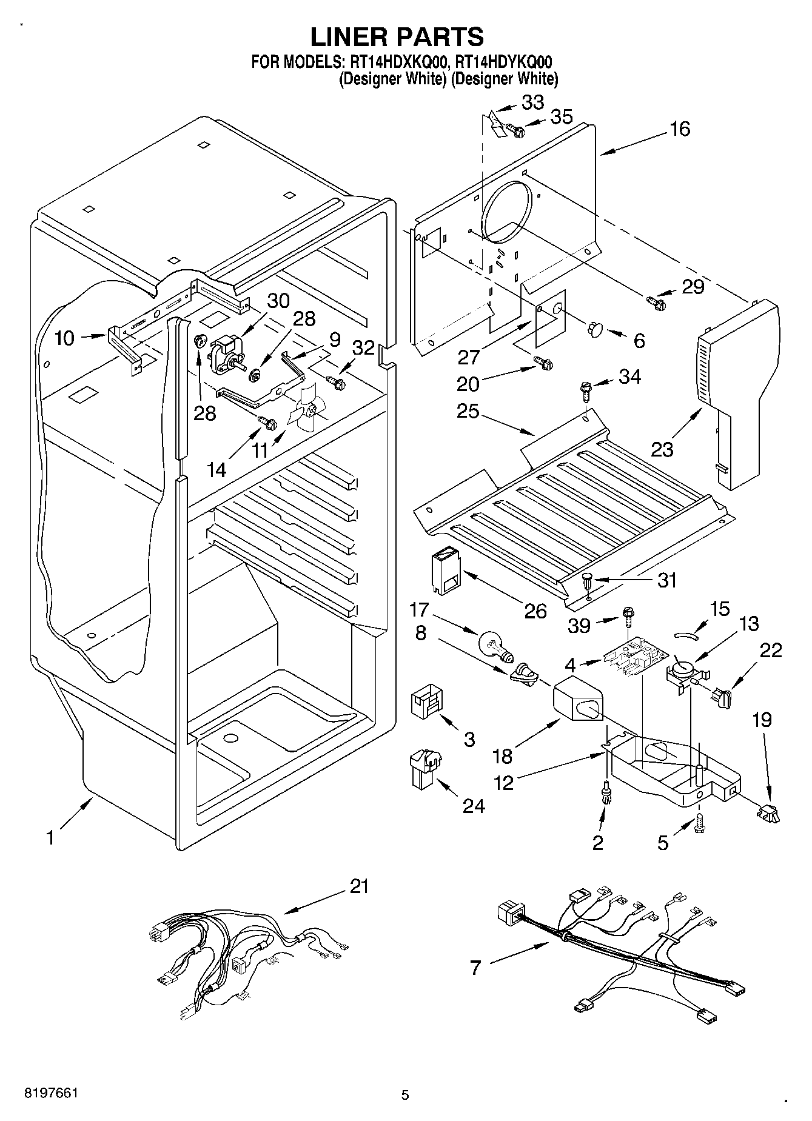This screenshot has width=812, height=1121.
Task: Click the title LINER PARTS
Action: point(397,36)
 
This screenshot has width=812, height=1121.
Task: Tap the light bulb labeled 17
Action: point(496,645)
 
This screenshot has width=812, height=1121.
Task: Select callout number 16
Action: point(680,129)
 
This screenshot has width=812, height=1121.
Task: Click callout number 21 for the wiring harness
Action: point(358,886)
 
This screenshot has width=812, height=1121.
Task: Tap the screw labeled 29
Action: point(656,300)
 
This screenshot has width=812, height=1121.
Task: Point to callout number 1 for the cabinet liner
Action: point(51,838)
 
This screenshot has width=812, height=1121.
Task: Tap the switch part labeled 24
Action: point(425,769)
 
